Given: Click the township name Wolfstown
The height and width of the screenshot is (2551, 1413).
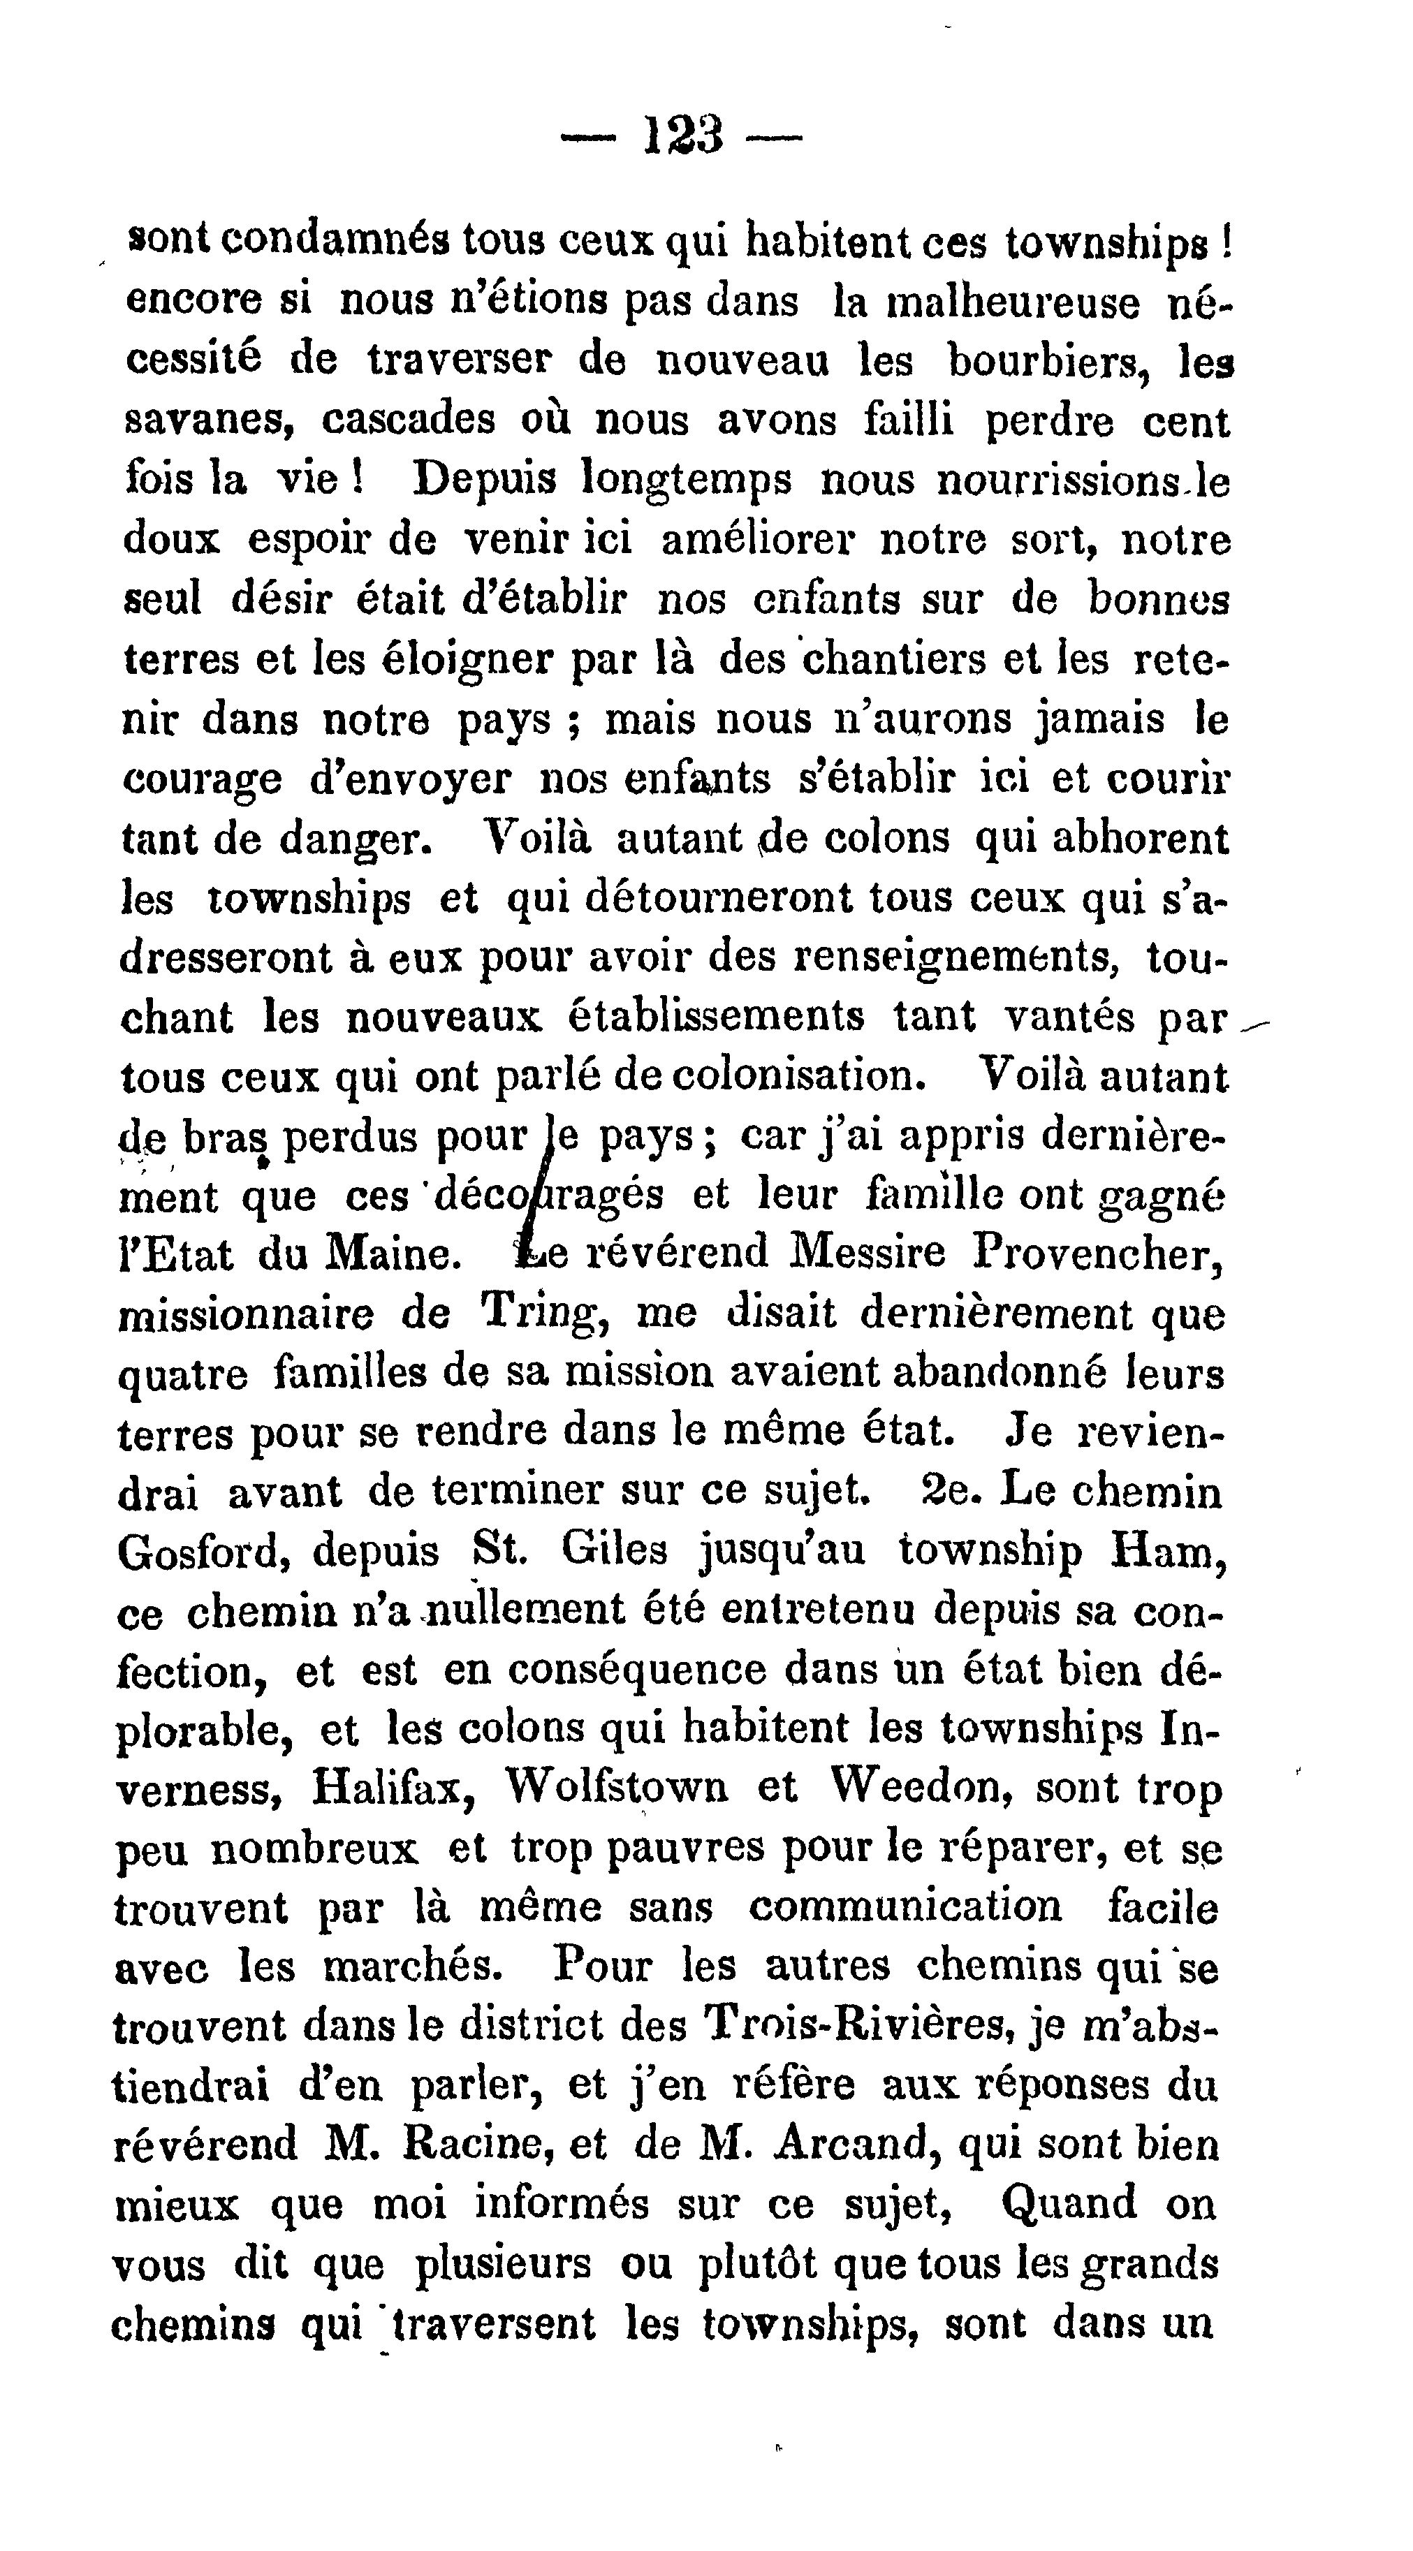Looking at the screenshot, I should [616, 1791].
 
